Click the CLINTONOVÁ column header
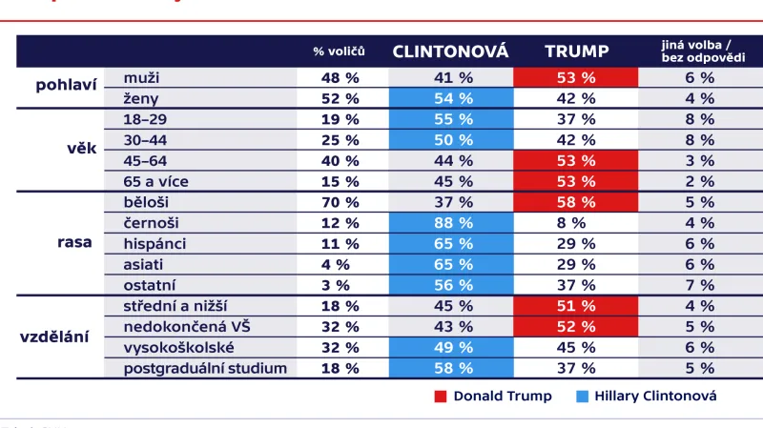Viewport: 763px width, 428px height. (x=450, y=51)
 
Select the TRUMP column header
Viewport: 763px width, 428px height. (x=576, y=51)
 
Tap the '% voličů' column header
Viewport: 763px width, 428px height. (x=339, y=51)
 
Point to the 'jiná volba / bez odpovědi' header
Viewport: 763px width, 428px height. (x=699, y=51)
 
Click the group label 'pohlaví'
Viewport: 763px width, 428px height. (x=66, y=87)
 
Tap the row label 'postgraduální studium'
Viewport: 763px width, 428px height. (x=205, y=368)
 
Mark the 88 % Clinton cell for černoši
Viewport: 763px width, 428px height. (x=450, y=222)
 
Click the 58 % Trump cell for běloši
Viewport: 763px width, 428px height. (x=576, y=201)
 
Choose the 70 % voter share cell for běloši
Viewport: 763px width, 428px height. (x=339, y=201)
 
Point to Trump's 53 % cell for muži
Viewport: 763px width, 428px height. (x=576, y=77)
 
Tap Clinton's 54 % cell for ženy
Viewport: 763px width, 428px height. (x=450, y=98)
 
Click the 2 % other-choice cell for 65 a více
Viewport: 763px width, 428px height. (x=699, y=181)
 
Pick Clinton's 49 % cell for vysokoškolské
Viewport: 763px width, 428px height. (x=450, y=347)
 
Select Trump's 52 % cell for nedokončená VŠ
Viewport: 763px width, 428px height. (x=576, y=326)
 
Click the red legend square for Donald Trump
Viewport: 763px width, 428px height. (x=441, y=396)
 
